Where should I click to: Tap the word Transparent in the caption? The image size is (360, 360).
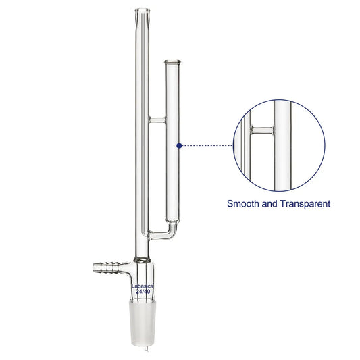click(305, 204)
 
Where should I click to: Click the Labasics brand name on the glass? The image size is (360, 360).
click(143, 286)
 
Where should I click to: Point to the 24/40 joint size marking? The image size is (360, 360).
click(143, 292)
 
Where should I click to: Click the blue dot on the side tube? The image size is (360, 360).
click(180, 146)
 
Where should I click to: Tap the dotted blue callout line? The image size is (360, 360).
click(207, 146)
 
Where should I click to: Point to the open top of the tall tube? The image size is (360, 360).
click(143, 10)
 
